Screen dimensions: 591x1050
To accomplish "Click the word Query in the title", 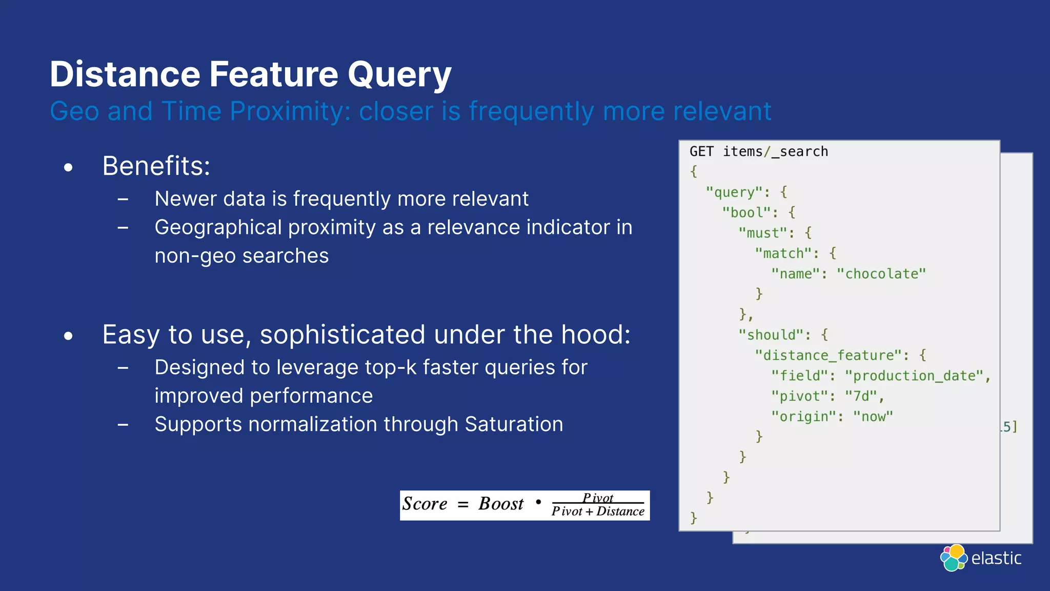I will (399, 75).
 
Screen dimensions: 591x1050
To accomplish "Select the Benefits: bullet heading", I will (156, 166).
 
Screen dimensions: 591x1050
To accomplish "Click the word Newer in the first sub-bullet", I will (185, 199).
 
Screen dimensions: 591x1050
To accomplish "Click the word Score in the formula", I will (425, 504).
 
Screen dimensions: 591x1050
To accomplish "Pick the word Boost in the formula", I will (501, 504).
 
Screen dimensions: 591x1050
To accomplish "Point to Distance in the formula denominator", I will (620, 511).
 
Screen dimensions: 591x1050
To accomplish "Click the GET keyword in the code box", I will (701, 152).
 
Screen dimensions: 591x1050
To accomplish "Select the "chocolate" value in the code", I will (881, 274).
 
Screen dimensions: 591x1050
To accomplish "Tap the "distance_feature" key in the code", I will (828, 356).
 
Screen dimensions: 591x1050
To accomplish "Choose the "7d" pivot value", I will (861, 396).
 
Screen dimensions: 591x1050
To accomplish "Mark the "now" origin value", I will (873, 417).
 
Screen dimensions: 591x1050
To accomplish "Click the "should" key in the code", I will (771, 335).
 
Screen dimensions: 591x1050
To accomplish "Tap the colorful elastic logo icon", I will (953, 558).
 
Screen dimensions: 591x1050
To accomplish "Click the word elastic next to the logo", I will (996, 558).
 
